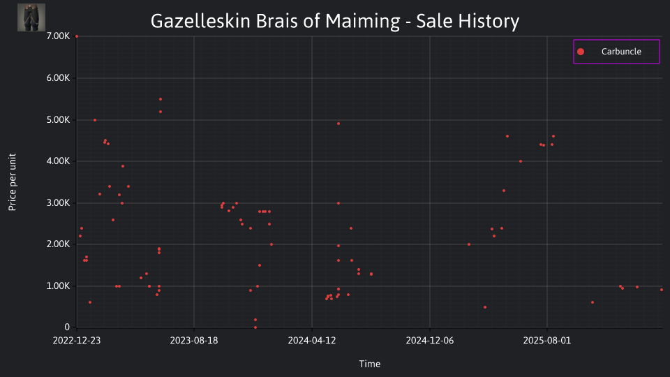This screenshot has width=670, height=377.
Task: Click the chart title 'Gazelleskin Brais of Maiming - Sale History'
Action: tap(335, 21)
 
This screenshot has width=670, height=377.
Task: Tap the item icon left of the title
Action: tap(31, 17)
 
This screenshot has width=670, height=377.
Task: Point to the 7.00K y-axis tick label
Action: tap(58, 36)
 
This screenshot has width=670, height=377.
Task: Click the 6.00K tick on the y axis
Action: tap(58, 77)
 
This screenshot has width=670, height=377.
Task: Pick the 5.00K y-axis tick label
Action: tap(58, 119)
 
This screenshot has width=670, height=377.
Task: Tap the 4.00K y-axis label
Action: tap(58, 161)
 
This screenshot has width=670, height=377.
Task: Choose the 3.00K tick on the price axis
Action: tap(58, 202)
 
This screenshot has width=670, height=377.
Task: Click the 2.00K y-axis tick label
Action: tap(58, 244)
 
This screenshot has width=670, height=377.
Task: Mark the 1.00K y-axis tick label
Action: tap(58, 286)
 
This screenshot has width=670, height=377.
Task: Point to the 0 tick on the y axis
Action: tap(67, 327)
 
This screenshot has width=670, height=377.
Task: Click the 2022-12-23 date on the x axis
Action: tap(77, 341)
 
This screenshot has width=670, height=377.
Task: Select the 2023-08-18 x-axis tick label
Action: tap(194, 341)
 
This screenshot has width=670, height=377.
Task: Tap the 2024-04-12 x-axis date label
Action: tap(312, 341)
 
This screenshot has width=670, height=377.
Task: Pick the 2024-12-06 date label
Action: tap(430, 341)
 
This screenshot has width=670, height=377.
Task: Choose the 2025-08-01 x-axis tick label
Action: tap(547, 341)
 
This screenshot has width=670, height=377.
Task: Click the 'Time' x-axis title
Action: tap(370, 364)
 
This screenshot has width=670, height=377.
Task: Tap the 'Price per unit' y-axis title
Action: tap(13, 182)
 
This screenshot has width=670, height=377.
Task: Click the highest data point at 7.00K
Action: tap(77, 36)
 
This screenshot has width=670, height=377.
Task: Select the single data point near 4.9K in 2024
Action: tap(338, 124)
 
